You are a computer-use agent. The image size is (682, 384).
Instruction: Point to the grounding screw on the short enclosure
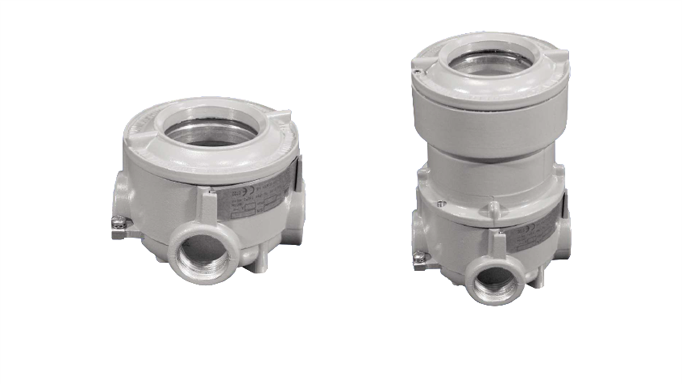click(118, 221)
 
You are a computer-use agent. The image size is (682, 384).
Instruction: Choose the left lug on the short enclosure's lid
click(142, 137)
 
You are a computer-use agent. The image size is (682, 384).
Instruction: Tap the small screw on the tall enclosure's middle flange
click(441, 203)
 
